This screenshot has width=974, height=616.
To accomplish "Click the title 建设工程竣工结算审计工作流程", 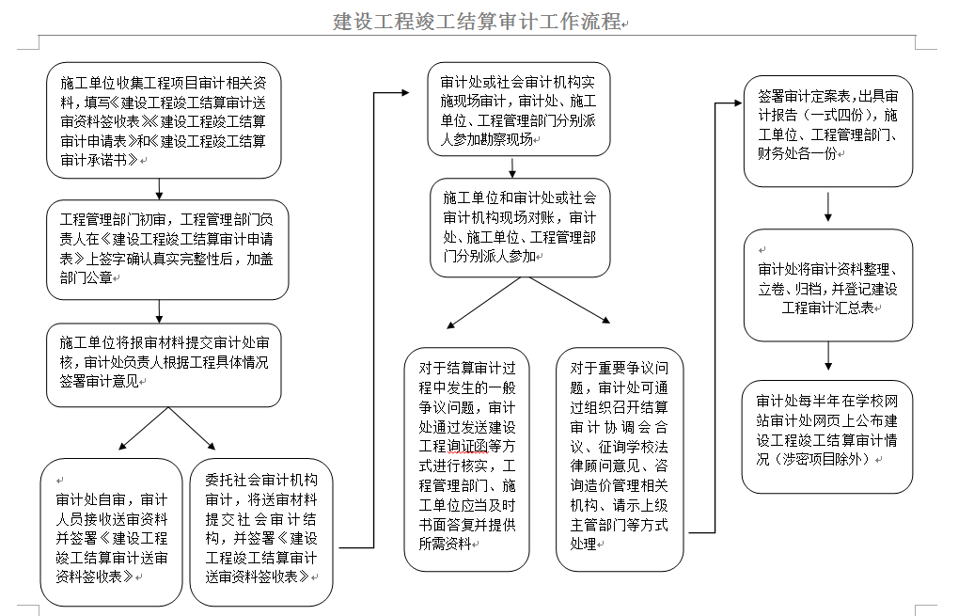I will (479, 21).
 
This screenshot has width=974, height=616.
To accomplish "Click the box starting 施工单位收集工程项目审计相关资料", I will (164, 120).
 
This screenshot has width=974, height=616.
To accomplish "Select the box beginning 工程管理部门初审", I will (167, 248).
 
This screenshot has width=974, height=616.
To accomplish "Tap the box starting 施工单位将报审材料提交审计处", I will (164, 365).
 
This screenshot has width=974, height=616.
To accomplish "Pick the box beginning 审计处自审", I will (111, 531).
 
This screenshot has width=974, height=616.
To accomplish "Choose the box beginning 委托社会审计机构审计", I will (261, 531).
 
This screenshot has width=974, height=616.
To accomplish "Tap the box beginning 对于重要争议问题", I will (620, 459).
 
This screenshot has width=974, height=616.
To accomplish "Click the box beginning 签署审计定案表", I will (827, 131).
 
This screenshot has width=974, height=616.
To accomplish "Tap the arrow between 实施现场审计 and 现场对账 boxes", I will (512, 168).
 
